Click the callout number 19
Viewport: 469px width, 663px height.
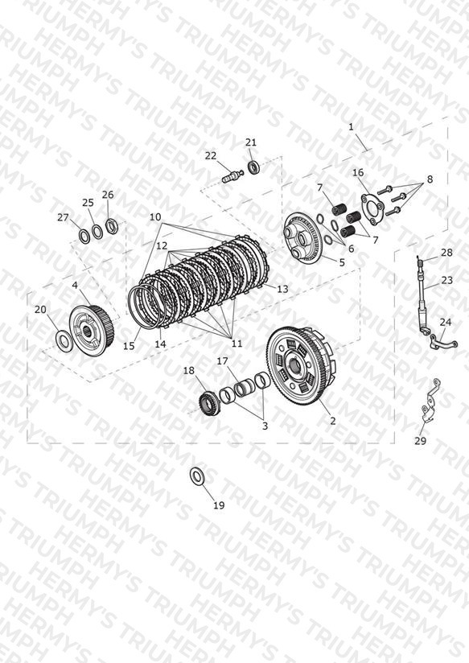pos(219,504)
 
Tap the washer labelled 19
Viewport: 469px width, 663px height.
pos(196,476)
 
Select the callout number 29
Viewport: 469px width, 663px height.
pos(420,441)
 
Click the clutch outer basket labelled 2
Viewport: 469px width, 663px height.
pos(301,366)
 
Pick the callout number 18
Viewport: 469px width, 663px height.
pos(188,370)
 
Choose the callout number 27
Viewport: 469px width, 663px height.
pos(63,217)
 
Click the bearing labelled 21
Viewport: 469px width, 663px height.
pos(253,167)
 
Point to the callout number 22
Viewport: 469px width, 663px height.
pos(211,155)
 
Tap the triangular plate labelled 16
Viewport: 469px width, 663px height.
pos(372,208)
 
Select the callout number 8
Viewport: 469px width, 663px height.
pos(430,179)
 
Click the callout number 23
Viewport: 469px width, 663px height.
pos(446,280)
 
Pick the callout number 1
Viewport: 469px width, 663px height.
pos(351,126)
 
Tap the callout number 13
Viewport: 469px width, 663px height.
pos(282,289)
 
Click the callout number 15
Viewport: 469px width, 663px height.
pos(129,345)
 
